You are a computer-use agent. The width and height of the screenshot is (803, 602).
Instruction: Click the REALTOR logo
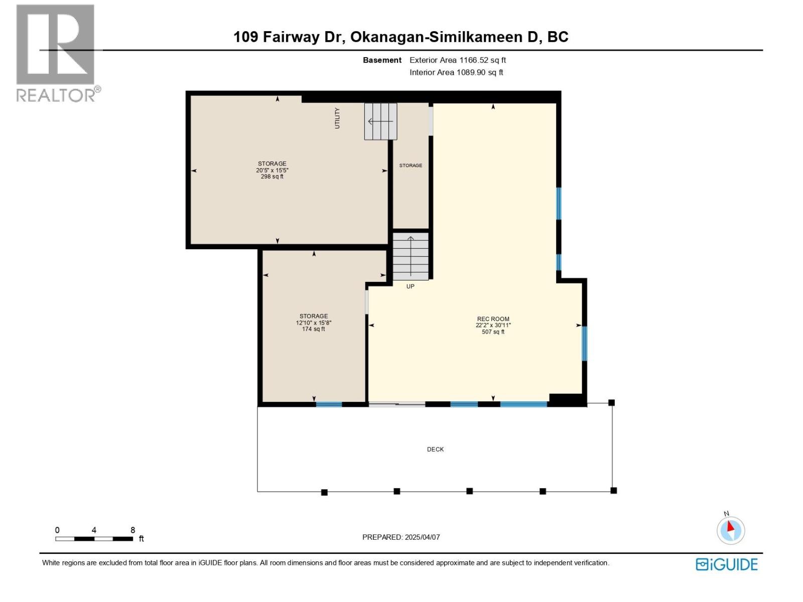tap(56, 53)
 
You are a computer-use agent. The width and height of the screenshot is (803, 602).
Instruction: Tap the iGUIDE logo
tap(726, 564)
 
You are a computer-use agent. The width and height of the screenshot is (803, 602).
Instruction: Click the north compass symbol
tap(730, 530)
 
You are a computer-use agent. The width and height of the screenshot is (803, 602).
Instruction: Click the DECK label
tap(435, 449)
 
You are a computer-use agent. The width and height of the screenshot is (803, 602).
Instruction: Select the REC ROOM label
tap(493, 319)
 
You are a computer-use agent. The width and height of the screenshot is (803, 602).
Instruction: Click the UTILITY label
tap(337, 118)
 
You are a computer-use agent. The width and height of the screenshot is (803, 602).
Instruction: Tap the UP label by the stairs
tap(410, 286)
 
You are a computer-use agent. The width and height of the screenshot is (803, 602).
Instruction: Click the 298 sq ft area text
tap(272, 177)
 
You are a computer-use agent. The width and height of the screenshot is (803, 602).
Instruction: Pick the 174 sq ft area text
tap(314, 329)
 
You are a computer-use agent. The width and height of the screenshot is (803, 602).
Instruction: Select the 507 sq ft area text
tap(493, 332)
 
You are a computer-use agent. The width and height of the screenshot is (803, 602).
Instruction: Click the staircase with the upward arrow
tap(411, 256)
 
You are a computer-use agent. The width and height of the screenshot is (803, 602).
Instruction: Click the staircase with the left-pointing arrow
tap(380, 121)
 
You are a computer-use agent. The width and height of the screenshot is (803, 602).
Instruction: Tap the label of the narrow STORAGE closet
tap(411, 166)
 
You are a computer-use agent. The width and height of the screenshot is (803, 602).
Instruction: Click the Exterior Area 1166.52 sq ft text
tap(457, 60)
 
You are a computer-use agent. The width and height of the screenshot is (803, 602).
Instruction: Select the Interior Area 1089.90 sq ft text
tap(456, 72)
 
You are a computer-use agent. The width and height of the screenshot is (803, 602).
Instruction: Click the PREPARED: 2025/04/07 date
tap(401, 537)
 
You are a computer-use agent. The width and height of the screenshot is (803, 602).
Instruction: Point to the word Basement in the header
tap(382, 60)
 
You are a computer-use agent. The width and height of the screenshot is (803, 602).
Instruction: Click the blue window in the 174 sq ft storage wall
tap(329, 404)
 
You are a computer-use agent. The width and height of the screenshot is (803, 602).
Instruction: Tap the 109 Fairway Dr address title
tap(400, 37)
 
